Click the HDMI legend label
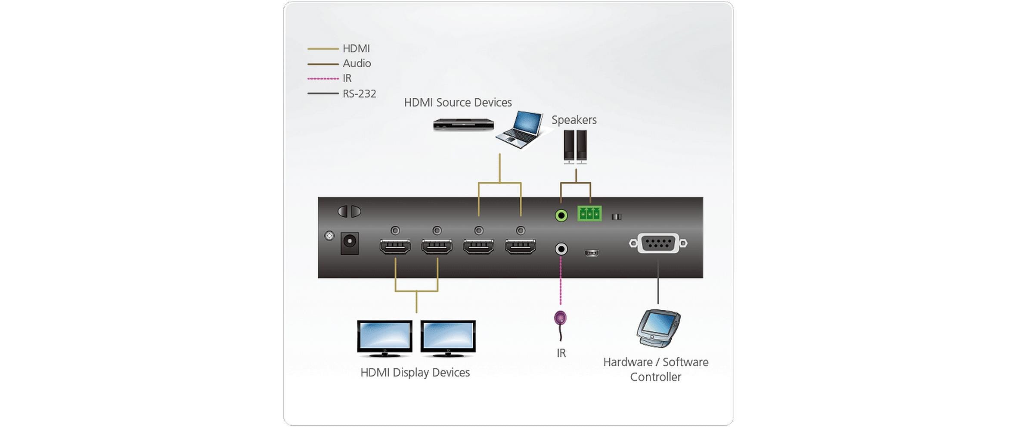(x=356, y=49)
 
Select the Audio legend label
(x=357, y=64)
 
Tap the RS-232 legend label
(x=359, y=94)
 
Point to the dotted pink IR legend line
(x=323, y=79)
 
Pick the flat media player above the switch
(x=463, y=124)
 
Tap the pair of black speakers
(x=575, y=146)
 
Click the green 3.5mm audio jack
(x=561, y=215)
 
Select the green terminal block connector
(x=589, y=213)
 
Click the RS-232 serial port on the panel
(x=657, y=243)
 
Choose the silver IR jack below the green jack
(x=561, y=249)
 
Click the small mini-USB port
(x=592, y=253)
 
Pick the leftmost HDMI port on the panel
(x=395, y=247)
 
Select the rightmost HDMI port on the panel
(x=521, y=247)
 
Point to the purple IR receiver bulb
(x=560, y=319)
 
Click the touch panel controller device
(x=657, y=327)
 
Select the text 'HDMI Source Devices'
(x=458, y=103)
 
